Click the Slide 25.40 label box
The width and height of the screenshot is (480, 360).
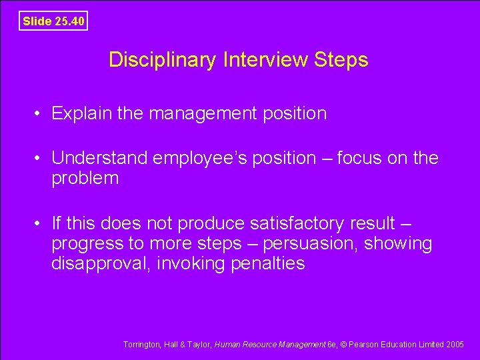coord(53,21)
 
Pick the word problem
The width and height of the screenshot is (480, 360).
coord(85,179)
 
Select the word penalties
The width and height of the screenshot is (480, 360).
coord(267,264)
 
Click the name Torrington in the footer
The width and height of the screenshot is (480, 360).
coord(142,345)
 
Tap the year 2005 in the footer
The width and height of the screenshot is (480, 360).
coord(455,345)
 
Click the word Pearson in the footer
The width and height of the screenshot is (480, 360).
coord(365,345)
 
